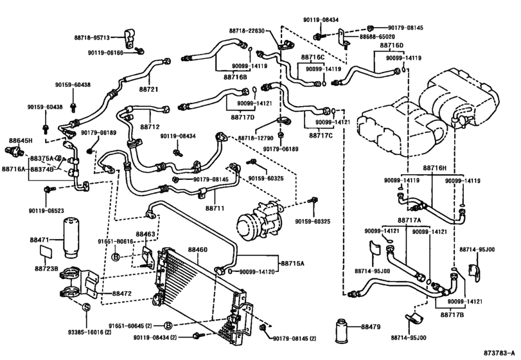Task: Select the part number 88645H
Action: tap(21, 139)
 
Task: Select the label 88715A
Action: tap(292, 263)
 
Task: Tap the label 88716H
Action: tap(435, 168)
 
